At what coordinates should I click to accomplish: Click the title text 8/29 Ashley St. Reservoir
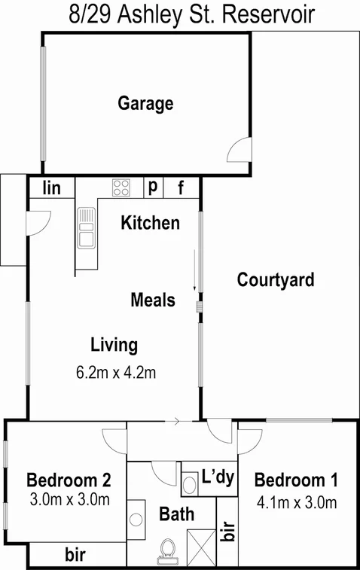click(x=180, y=14)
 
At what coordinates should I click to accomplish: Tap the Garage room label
click(x=145, y=103)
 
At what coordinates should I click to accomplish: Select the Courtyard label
click(x=276, y=280)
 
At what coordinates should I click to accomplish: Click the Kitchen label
click(x=151, y=223)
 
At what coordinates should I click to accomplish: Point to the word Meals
click(x=153, y=300)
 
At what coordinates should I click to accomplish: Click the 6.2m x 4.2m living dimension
click(x=116, y=372)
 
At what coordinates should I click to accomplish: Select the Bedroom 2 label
click(x=69, y=480)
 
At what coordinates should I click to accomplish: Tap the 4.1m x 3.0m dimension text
click(x=295, y=502)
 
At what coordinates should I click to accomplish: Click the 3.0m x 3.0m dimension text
click(x=70, y=498)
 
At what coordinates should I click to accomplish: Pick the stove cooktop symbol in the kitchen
click(x=121, y=187)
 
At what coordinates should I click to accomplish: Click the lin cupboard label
click(x=52, y=187)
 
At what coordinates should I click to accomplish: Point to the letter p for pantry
click(x=152, y=187)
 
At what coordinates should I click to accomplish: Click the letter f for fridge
click(x=181, y=187)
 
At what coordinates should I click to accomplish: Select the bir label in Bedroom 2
click(x=74, y=556)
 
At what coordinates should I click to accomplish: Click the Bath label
click(x=176, y=515)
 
